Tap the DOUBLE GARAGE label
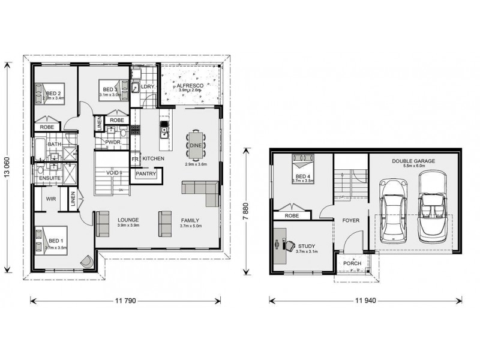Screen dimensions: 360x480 (x=413, y=161)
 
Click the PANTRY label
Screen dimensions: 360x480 (x=146, y=174)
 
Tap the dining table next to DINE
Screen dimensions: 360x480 (x=196, y=145)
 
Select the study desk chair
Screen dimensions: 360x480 (x=288, y=245)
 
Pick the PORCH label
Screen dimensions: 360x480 (x=350, y=264)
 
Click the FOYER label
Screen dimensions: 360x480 (x=351, y=220)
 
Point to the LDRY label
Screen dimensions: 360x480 (x=148, y=87)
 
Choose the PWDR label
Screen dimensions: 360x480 (x=113, y=142)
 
